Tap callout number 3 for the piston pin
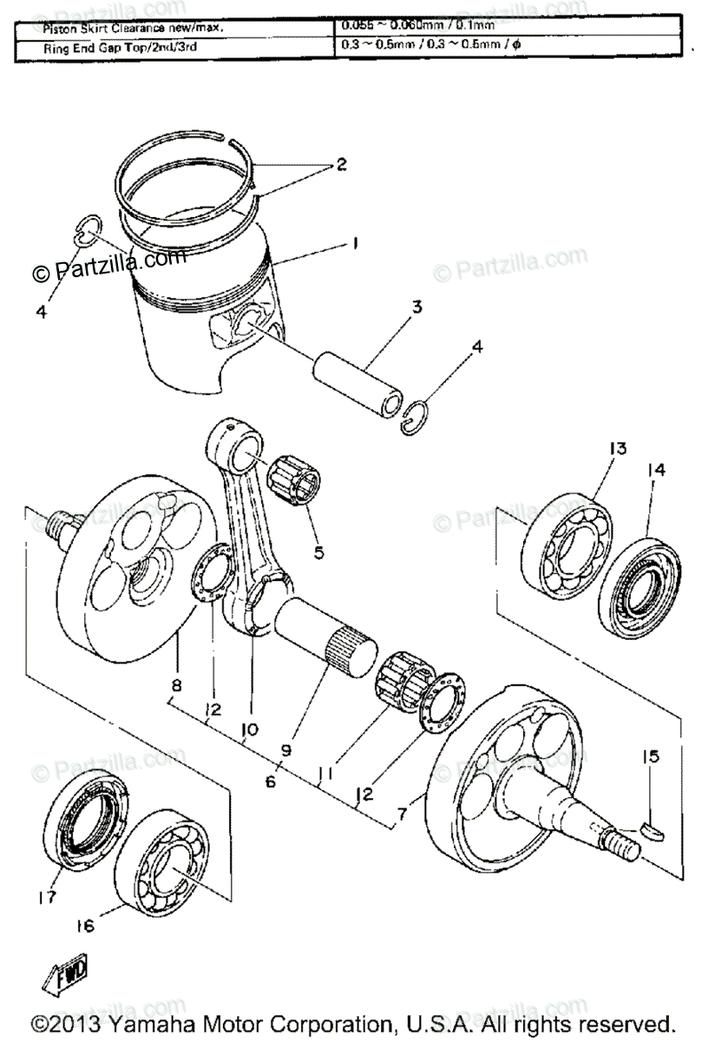(417, 307)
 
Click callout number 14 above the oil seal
(656, 470)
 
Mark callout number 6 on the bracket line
(272, 781)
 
